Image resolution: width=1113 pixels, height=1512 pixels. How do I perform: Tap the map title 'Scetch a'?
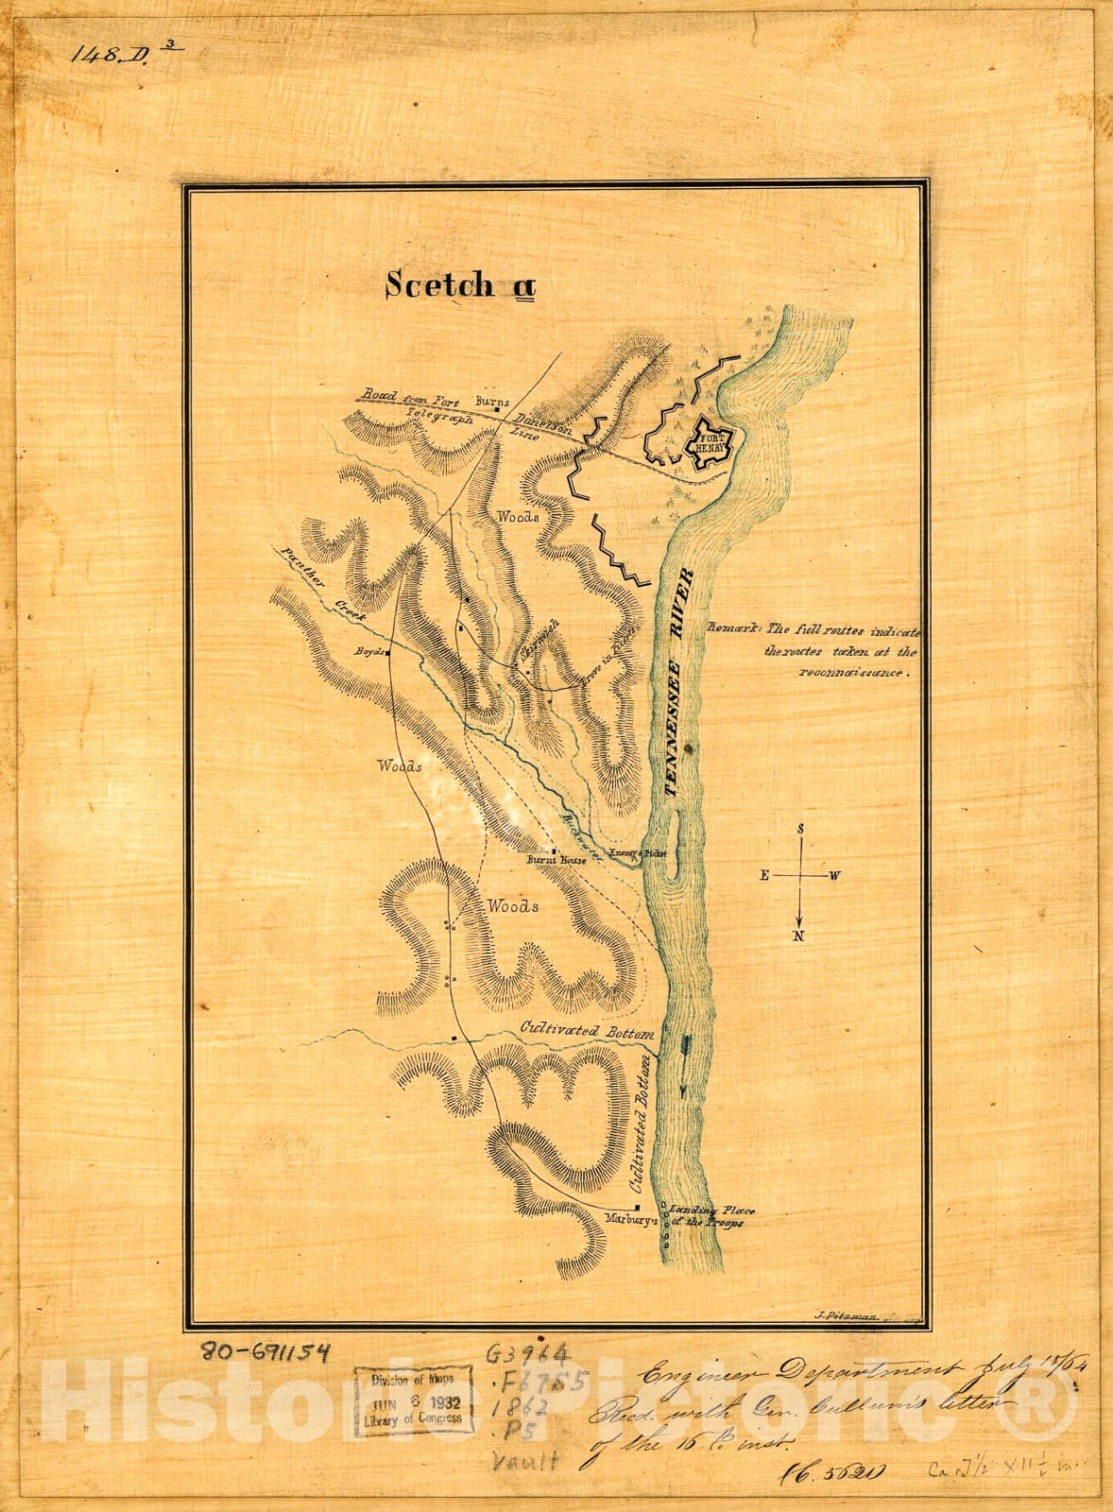click(x=459, y=284)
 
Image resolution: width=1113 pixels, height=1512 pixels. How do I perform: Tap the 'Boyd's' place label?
click(x=370, y=652)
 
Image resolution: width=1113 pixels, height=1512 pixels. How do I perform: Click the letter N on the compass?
click(x=799, y=936)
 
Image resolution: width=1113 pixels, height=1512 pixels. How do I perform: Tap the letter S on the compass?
click(x=800, y=829)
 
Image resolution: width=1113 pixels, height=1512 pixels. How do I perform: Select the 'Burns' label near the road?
click(x=490, y=401)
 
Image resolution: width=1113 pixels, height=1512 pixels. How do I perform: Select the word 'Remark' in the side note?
click(x=733, y=627)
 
